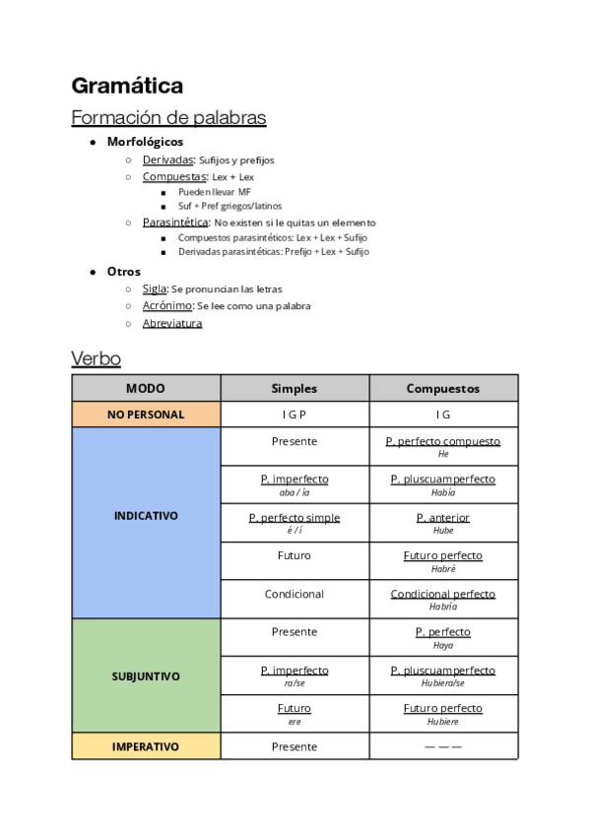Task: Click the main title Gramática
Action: [127, 86]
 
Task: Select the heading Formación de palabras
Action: [168, 118]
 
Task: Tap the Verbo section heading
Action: [96, 357]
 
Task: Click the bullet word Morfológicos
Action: [145, 142]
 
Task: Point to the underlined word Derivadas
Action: [167, 160]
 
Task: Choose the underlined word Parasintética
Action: [175, 223]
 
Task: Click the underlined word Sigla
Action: [155, 289]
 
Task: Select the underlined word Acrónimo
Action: [167, 306]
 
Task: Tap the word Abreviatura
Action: [172, 323]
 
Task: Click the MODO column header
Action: [146, 388]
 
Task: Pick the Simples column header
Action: [295, 388]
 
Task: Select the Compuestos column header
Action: [443, 388]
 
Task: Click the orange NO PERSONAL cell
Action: [146, 415]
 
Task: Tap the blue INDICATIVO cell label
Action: [146, 515]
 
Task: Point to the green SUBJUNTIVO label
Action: [146, 676]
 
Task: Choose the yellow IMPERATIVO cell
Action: [146, 746]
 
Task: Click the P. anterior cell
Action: [443, 522]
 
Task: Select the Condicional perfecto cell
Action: [443, 599]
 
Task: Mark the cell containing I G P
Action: [295, 415]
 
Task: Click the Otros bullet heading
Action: [124, 271]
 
